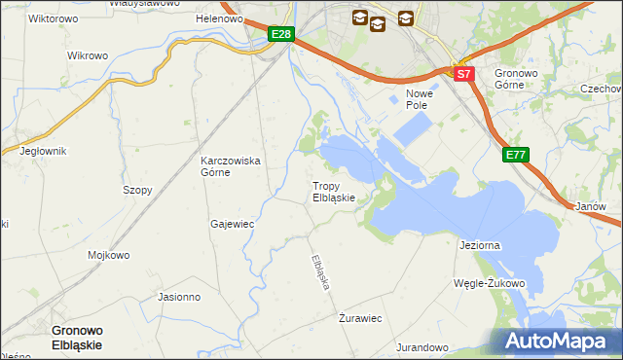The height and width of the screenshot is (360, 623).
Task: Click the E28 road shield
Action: point(281,35)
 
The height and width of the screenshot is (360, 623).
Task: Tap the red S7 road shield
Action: point(464,73)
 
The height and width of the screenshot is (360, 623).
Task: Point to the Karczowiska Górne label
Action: point(230,166)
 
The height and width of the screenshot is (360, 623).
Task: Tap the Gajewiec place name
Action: point(232,224)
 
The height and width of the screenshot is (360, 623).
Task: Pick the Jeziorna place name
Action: point(479,245)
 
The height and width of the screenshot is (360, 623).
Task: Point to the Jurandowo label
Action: point(421,347)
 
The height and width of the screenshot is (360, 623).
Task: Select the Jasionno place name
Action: point(178,298)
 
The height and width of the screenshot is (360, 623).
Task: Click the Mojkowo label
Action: point(108,256)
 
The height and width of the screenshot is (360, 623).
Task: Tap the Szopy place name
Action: point(137,191)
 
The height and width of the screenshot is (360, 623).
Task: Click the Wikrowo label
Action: point(88,55)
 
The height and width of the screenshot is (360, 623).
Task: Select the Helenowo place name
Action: point(218,18)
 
